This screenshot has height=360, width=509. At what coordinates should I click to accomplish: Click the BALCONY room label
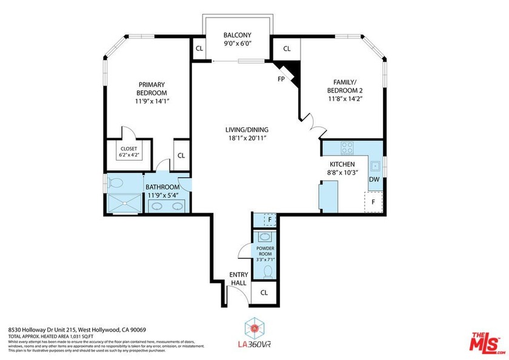(237, 35)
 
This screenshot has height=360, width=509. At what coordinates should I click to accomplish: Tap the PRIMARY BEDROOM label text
(151, 88)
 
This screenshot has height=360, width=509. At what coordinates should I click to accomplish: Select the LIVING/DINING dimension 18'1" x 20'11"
(247, 139)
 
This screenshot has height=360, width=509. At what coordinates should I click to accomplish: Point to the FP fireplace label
(281, 79)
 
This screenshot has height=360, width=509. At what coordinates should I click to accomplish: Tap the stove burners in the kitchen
(348, 147)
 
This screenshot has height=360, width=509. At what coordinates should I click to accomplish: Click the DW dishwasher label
(374, 179)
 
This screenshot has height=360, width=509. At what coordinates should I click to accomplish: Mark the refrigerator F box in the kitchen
(373, 202)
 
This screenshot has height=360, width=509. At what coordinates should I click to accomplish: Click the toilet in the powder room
(265, 270)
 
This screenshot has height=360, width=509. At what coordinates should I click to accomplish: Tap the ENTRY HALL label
(239, 279)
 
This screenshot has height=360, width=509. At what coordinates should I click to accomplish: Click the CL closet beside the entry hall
(264, 292)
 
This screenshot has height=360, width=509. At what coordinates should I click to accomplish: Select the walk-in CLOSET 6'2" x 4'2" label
(128, 152)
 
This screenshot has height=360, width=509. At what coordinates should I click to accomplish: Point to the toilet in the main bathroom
(116, 182)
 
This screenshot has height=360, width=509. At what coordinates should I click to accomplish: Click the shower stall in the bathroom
(124, 203)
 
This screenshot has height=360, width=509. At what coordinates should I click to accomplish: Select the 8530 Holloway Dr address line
(77, 329)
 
